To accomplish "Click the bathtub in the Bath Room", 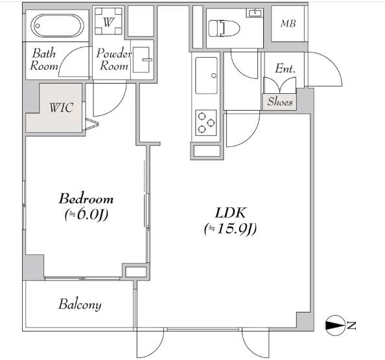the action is [57, 25].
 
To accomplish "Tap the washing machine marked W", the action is [108, 21].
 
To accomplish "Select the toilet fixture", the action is [224, 28].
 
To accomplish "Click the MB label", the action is [288, 23].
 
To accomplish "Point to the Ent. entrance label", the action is [285, 69].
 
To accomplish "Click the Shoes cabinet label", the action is [280, 102].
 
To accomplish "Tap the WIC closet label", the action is [62, 107].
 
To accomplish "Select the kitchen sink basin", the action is [206, 75].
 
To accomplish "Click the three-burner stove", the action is [205, 122].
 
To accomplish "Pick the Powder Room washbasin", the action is [142, 60].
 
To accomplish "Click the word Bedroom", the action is [86, 199].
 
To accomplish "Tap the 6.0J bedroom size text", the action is [86, 214].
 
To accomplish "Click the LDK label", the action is [230, 213].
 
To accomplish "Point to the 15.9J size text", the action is [230, 229].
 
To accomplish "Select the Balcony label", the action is [80, 304].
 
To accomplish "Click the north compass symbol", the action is [335, 326].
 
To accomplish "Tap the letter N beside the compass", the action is [351, 326].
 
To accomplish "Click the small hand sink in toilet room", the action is [255, 12].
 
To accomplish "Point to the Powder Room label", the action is [114, 60].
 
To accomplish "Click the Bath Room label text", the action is [44, 60].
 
